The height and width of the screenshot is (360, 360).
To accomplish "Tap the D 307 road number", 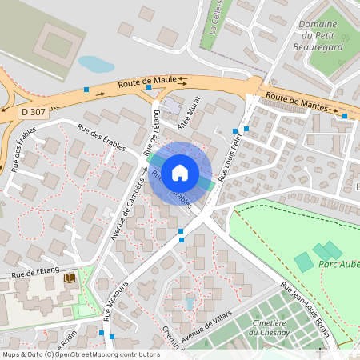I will pyautogui.click(x=35, y=114).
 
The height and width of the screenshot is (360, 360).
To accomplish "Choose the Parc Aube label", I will pyautogui.click(x=338, y=264).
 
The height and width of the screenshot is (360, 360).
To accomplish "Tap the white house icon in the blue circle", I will pyautogui.click(x=181, y=172).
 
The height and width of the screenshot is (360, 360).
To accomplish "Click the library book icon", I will pyautogui.click(x=69, y=278).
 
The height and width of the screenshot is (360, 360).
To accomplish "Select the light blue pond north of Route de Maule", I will pyautogui.click(x=95, y=63).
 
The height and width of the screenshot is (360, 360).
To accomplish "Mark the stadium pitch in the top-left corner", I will pyautogui.click(x=54, y=41).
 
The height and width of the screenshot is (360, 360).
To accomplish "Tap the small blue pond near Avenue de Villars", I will pyautogui.click(x=190, y=303).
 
